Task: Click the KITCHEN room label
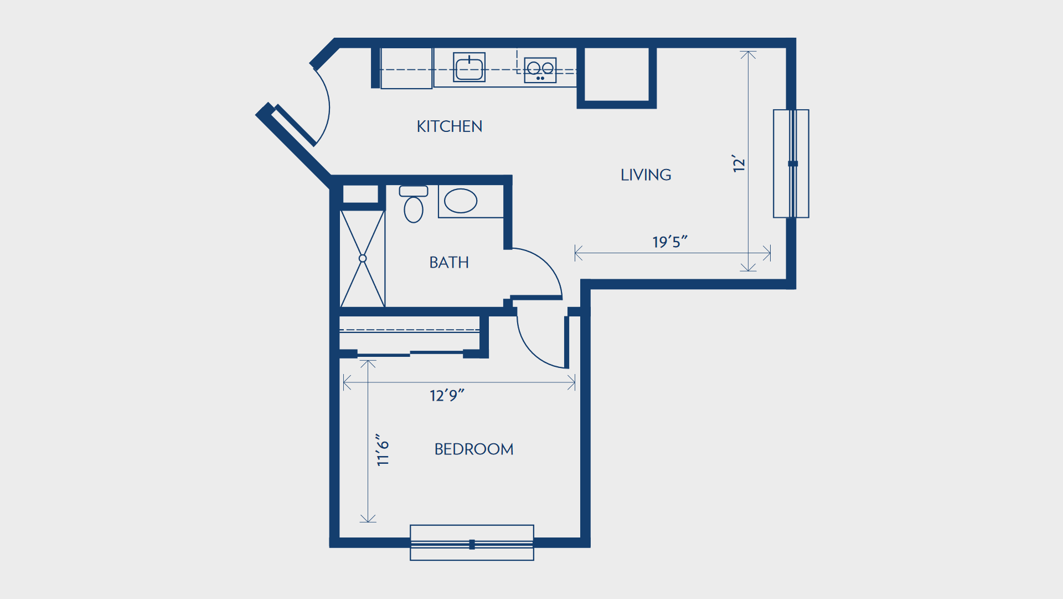450,126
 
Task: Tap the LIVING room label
646,175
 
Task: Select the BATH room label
449,262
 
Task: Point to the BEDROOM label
474,449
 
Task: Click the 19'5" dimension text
670,242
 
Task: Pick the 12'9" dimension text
447,395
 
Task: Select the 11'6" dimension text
383,450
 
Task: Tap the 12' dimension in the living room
739,163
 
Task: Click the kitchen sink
469,67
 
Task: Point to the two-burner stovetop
540,70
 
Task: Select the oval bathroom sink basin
461,201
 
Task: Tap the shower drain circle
363,258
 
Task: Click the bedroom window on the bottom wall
472,543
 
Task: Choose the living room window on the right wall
791,163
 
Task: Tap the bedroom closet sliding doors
410,353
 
